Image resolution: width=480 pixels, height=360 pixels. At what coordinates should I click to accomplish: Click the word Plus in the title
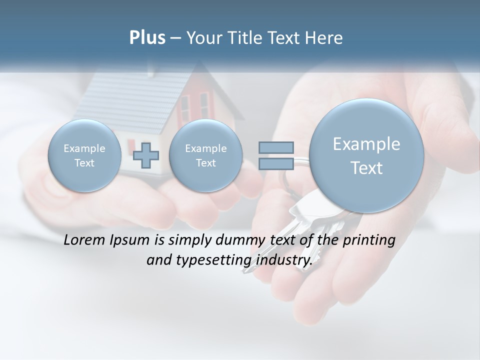click(x=147, y=38)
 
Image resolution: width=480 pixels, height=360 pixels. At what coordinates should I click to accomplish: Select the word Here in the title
click(x=325, y=38)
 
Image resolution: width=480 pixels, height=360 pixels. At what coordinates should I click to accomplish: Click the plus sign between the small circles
click(x=146, y=155)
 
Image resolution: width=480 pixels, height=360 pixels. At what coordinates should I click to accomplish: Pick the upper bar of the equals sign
click(x=276, y=147)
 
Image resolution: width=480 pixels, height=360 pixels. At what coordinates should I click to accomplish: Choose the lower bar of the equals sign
click(x=276, y=164)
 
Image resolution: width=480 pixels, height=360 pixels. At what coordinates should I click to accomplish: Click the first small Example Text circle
click(x=84, y=155)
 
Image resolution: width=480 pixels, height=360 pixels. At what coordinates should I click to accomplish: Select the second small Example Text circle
click(x=205, y=155)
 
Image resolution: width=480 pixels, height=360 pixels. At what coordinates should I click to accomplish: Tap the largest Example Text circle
click(x=366, y=155)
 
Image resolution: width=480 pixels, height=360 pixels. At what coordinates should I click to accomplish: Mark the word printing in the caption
click(x=369, y=240)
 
